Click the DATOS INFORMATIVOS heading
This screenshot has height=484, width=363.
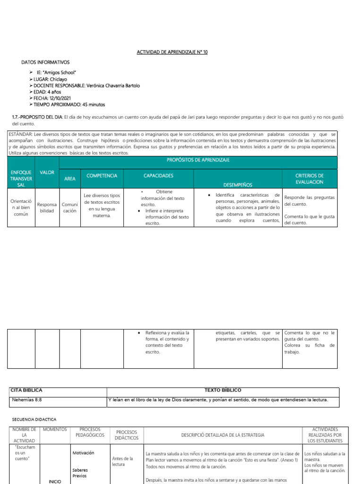(x=45, y=62)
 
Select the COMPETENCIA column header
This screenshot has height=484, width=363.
(x=102, y=176)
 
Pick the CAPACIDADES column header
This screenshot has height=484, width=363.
(x=158, y=176)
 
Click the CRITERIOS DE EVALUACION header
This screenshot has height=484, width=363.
(x=309, y=179)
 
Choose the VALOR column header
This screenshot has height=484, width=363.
(x=47, y=173)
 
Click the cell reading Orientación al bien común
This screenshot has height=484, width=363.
(x=21, y=207)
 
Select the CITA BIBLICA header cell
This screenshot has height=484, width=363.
(x=26, y=390)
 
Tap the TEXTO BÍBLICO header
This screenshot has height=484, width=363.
(x=222, y=390)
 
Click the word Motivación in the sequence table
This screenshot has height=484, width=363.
(x=83, y=453)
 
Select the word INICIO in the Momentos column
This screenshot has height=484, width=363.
(x=55, y=481)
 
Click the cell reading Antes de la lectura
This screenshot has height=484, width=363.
(x=122, y=461)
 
